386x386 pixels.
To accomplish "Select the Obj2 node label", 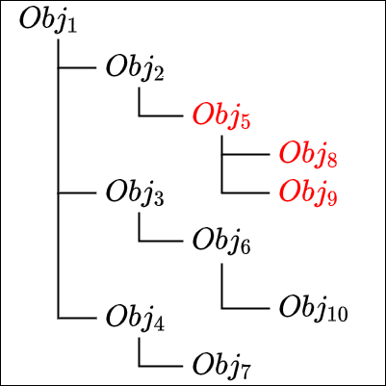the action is [135, 68].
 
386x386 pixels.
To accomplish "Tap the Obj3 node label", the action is [135, 193].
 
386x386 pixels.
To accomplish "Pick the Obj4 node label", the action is [135, 319].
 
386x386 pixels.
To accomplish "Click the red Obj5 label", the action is [221, 116].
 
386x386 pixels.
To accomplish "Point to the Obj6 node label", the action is [221, 242].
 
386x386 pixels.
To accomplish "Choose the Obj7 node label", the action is [221, 367].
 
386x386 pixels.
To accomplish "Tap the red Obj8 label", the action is [308, 155].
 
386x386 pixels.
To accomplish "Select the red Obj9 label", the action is [308, 193].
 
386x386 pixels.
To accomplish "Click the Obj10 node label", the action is [314, 309].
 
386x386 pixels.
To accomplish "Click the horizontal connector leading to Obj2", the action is [77, 68].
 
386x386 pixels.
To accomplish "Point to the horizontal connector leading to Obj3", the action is [77, 193].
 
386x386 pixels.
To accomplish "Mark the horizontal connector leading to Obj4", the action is [77, 319].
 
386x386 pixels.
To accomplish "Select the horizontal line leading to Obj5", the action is [161, 116].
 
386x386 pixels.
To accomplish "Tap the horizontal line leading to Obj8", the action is [245, 155].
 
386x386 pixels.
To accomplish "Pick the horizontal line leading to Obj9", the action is [245, 193].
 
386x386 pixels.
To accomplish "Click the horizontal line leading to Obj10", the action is [245, 309].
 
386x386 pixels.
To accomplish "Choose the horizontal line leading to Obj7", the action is [161, 366].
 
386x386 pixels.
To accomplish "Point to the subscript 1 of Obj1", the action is [72, 27].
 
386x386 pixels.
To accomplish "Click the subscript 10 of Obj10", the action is [338, 315].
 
